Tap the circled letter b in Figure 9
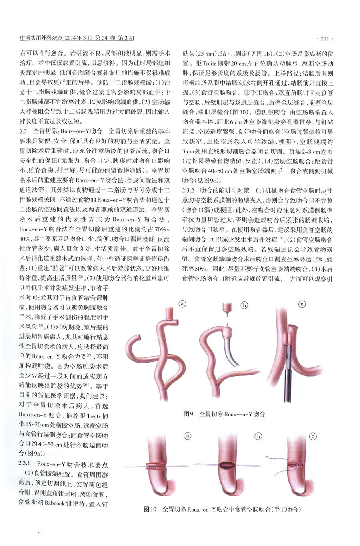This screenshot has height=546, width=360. point(244,305)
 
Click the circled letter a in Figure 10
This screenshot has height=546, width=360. point(186,436)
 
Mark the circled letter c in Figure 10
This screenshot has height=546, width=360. point(313,436)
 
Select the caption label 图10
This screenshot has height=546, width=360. point(150,510)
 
